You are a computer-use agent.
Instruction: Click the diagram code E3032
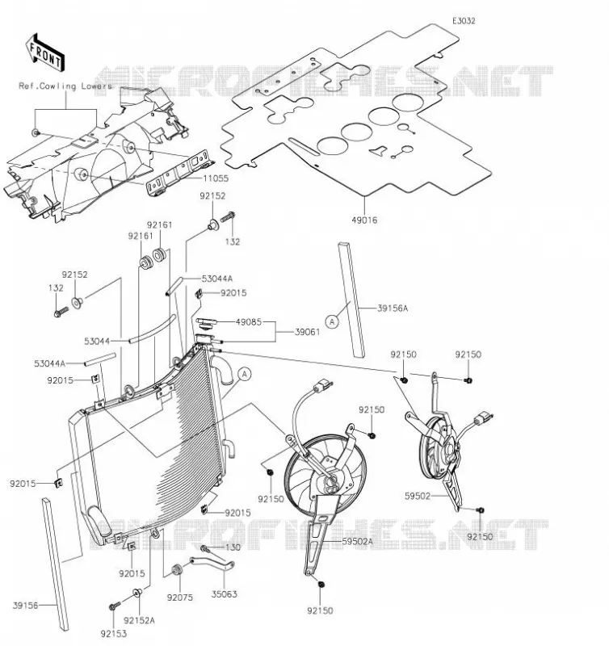(x=464, y=21)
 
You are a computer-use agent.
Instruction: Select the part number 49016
(x=364, y=220)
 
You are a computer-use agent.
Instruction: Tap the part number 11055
(x=216, y=178)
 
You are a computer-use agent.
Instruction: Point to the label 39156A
(x=393, y=308)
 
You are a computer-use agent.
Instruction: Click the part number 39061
(x=308, y=332)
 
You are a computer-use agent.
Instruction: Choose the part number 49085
(x=249, y=321)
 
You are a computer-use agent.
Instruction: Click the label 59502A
(x=357, y=541)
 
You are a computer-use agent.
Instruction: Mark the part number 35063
(x=225, y=594)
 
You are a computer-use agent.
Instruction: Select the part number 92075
(x=179, y=598)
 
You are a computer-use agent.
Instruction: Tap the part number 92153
(x=113, y=634)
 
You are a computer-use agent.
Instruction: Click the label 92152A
(x=139, y=620)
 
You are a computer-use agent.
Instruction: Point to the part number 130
(x=233, y=547)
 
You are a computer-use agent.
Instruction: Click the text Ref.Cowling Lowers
(x=65, y=86)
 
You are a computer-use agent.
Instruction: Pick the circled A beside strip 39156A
(x=332, y=321)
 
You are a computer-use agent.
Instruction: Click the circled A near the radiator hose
(x=245, y=374)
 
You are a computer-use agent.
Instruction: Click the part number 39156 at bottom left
(x=25, y=605)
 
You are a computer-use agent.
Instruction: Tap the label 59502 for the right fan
(x=418, y=497)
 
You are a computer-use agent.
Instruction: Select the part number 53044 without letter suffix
(x=97, y=341)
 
